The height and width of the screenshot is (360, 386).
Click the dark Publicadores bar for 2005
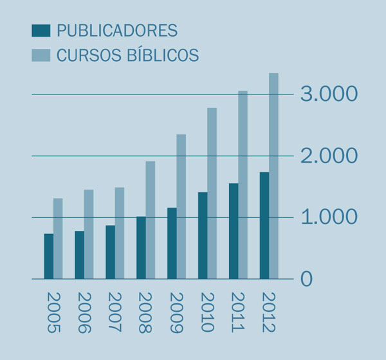48,256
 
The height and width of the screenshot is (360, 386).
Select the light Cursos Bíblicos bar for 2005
58,239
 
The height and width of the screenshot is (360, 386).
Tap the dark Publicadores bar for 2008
141,248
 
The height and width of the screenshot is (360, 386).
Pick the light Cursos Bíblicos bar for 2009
181,206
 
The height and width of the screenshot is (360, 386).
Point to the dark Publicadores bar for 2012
264,225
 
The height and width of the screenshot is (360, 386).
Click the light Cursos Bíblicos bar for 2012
274,175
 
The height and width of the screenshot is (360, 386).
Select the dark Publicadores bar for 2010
203,235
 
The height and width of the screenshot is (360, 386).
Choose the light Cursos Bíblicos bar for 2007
120,233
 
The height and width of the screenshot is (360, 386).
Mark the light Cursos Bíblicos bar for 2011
243,184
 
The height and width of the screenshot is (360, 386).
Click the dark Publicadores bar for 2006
79,255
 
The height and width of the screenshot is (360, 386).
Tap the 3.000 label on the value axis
329,94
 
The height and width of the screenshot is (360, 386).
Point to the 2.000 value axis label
329,156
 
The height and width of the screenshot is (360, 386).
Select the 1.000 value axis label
329,217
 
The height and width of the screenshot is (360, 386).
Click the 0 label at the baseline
307,279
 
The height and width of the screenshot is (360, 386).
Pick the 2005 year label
53,312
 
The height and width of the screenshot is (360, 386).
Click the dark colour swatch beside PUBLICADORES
41,30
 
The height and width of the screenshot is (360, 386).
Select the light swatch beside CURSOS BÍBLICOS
41,55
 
